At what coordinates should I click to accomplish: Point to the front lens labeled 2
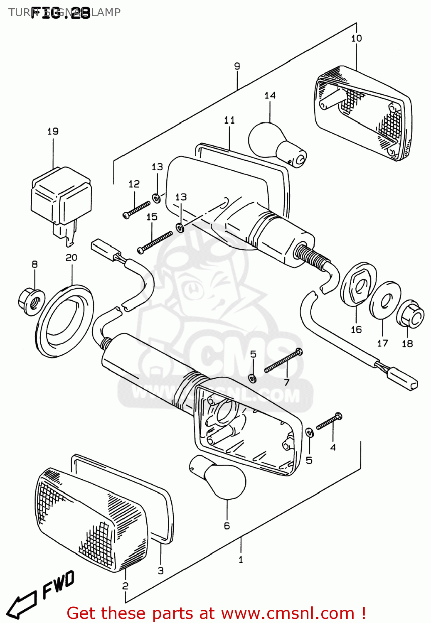tap(91, 519)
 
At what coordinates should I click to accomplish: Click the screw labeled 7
tap(283, 361)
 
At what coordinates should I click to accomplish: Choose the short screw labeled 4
tap(329, 421)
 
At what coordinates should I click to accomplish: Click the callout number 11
tap(229, 120)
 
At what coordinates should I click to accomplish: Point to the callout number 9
tap(237, 66)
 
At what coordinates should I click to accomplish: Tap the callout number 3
tap(161, 571)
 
